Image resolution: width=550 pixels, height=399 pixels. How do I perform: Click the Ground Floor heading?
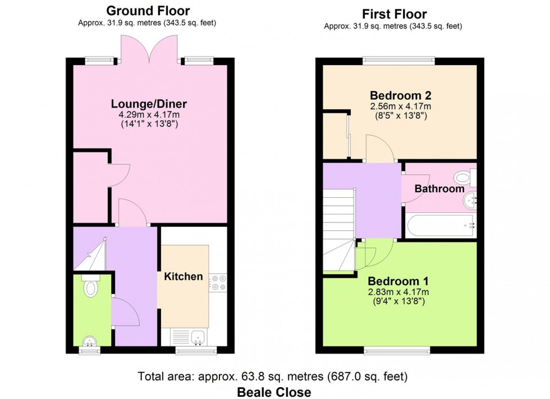(148, 11)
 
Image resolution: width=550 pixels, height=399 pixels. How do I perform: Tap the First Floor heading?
(394, 15)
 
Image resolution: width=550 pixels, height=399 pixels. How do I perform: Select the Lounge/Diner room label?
(149, 104)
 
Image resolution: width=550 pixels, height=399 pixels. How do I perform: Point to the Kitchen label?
(184, 276)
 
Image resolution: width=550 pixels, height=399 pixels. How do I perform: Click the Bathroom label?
(439, 189)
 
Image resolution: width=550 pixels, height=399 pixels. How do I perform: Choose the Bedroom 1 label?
(398, 281)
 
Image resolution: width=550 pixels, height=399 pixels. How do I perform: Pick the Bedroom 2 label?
(401, 95)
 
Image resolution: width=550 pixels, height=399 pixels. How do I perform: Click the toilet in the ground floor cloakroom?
(91, 286)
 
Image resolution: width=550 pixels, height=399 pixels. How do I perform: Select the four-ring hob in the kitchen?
(218, 282)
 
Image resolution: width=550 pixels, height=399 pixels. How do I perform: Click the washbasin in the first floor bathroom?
(470, 202)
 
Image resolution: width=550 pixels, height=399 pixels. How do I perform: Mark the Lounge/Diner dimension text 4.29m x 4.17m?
(149, 114)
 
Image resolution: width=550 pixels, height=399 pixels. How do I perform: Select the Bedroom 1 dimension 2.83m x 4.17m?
(398, 292)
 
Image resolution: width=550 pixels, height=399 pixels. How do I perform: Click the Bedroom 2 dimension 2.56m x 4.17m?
(401, 106)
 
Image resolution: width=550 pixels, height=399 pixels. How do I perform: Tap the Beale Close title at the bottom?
(274, 392)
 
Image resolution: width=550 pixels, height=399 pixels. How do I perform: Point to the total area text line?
(273, 377)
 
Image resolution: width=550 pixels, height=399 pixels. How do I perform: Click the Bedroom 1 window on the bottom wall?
(397, 350)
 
